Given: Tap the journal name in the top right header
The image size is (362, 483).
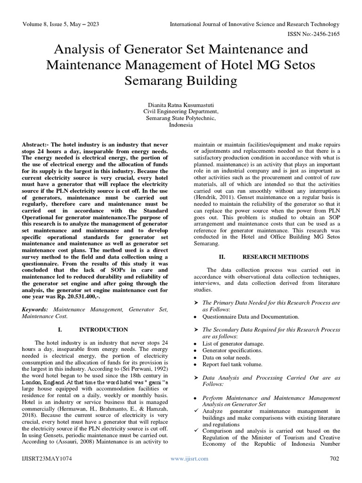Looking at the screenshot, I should pos(254,24).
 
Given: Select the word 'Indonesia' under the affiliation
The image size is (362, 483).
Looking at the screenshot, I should pos(181,125).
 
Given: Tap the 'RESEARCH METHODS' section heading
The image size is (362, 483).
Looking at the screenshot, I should pos(269,257).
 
